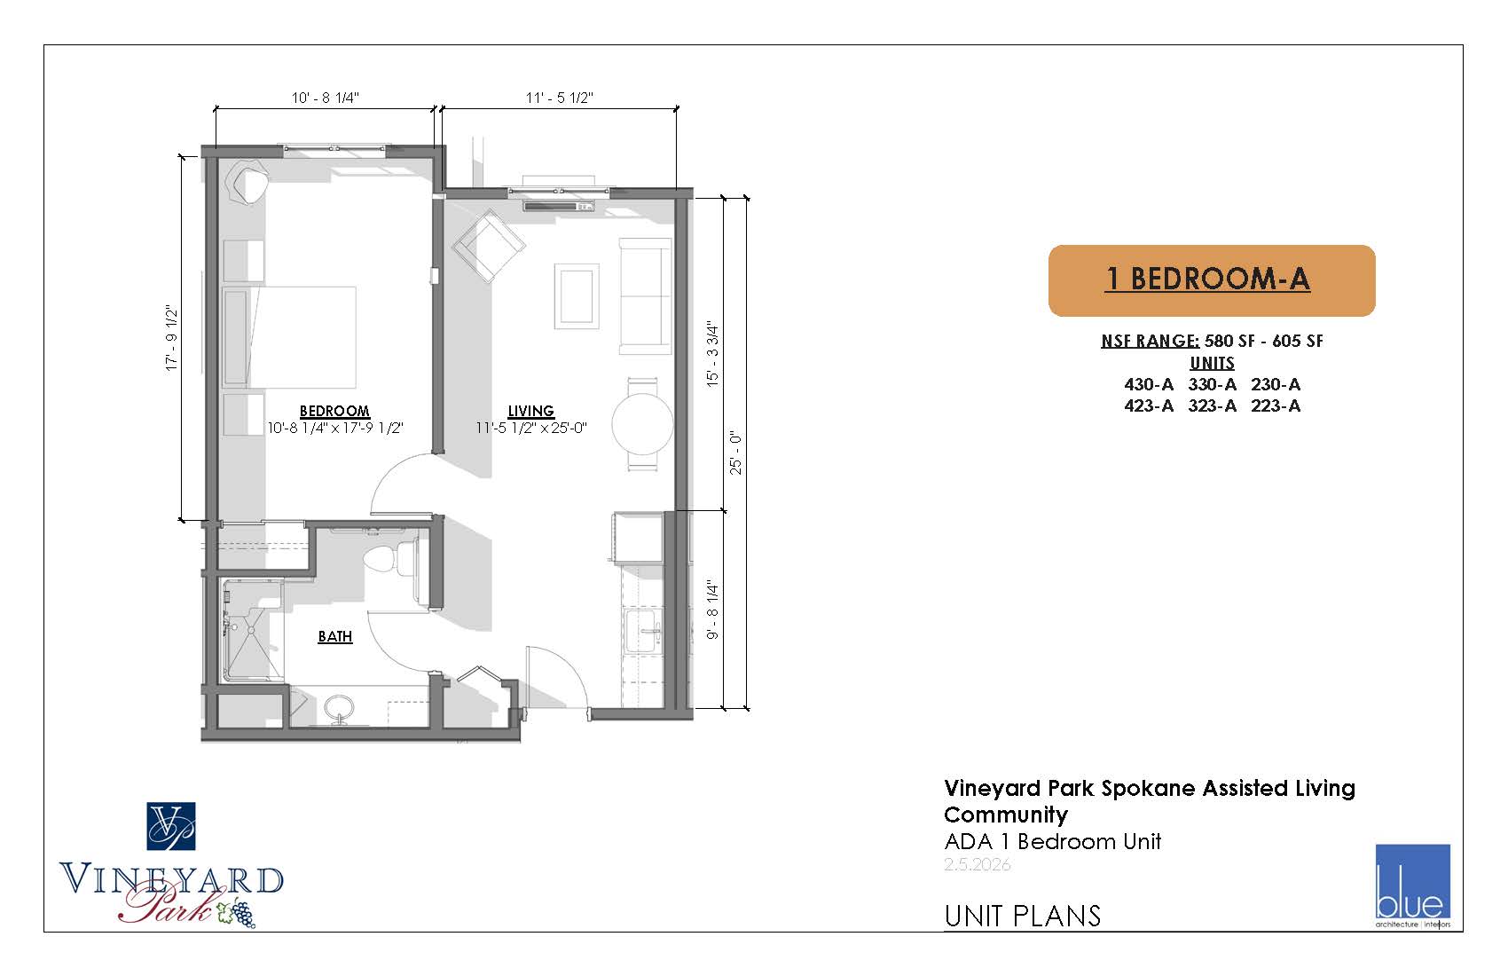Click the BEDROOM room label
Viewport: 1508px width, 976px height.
click(334, 410)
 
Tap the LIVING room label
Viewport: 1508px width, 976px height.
click(530, 410)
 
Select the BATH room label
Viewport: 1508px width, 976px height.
click(335, 636)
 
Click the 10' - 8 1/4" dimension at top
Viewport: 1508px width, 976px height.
click(326, 98)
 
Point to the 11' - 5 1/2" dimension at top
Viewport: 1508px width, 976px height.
click(560, 98)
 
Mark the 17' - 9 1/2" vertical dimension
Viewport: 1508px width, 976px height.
click(172, 338)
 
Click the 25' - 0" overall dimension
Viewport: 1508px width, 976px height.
click(736, 453)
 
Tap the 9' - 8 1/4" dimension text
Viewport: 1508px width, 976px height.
click(713, 609)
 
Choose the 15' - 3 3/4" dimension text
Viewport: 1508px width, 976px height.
click(713, 354)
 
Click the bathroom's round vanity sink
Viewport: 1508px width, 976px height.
click(339, 708)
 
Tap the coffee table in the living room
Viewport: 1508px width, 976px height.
click(577, 296)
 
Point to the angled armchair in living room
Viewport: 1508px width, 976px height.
click(489, 246)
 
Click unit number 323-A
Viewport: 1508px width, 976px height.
click(1212, 406)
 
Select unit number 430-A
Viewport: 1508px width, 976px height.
click(1149, 384)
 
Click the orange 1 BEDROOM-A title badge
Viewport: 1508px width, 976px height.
click(1212, 281)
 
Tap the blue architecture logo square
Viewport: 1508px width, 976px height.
click(1412, 881)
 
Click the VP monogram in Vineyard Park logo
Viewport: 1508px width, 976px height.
click(171, 826)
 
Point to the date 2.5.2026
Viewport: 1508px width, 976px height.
click(977, 865)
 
